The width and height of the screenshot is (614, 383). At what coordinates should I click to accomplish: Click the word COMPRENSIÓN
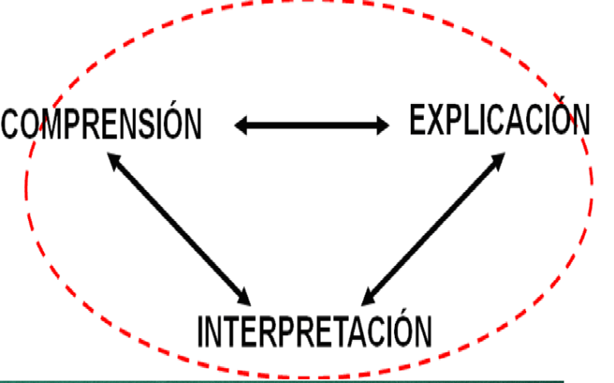point(102,125)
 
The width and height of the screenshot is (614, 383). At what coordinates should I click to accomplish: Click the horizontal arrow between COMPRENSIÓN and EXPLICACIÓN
point(312,125)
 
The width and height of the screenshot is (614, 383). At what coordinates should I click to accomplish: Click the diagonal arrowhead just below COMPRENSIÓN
point(114,162)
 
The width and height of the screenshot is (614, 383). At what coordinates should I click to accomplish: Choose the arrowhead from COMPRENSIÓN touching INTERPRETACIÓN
point(244,297)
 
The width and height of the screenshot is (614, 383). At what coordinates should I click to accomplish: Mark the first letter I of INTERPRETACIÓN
point(201,331)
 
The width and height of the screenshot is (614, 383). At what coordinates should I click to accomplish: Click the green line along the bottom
point(280,380)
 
